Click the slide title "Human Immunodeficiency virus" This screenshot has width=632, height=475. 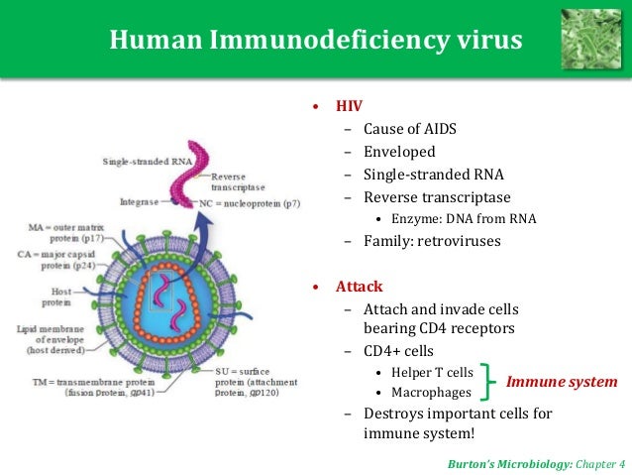tap(316, 41)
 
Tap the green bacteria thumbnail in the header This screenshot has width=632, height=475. tap(591, 39)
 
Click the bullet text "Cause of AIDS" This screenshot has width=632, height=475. tap(409, 129)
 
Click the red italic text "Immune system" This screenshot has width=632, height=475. tap(561, 382)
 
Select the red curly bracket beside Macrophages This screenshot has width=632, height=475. tap(487, 382)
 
